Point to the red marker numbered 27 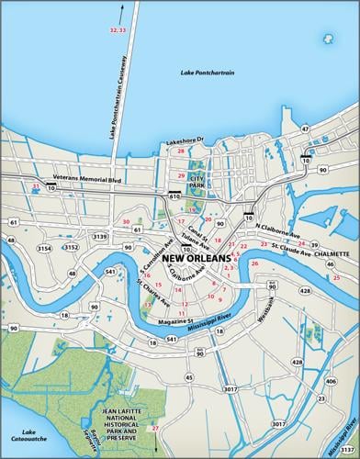155,429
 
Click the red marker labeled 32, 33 118,30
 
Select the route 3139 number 101,237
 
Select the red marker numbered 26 254,263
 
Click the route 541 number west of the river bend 109,272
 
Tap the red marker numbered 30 126,221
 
